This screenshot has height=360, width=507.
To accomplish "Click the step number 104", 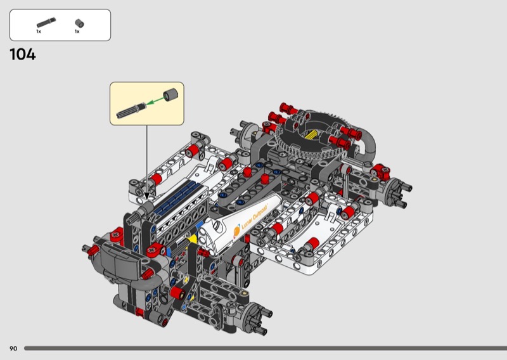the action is (23, 55).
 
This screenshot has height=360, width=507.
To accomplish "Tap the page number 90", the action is (13, 349).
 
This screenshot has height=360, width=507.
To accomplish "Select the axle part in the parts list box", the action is (46, 22).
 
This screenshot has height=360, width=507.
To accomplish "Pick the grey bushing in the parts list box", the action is (79, 23).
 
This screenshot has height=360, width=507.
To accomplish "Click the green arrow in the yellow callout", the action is (154, 101).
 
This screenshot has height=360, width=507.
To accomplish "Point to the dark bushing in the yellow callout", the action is (170, 94).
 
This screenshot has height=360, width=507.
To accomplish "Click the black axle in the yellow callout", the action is (131, 110).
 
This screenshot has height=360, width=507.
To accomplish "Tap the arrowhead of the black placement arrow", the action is (147, 196).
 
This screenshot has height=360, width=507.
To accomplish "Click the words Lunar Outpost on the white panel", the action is (255, 216).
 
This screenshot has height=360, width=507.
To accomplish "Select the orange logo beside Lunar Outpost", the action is (237, 231).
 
